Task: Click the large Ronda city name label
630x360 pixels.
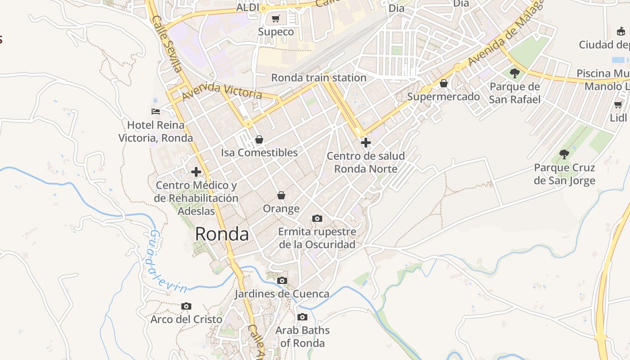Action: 222,234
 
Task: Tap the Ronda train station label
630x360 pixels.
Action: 319,77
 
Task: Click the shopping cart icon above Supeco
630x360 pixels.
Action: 276,19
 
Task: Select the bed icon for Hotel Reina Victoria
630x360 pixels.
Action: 156,111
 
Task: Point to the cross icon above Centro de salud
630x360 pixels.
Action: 366,143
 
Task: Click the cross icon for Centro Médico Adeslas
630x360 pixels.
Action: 196,171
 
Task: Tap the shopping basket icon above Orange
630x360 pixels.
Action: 281,195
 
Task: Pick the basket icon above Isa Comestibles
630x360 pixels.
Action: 259,139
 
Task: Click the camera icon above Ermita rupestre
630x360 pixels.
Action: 317,218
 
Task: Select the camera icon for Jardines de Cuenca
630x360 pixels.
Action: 282,280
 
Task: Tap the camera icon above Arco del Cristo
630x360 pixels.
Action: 186,306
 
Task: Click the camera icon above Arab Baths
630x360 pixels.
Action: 302,317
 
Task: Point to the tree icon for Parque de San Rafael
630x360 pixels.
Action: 515,73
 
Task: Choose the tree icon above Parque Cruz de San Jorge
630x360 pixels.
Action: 564,154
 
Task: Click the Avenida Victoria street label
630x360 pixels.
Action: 222,91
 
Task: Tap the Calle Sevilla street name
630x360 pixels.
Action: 166,44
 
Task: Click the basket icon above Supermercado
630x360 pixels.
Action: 444,83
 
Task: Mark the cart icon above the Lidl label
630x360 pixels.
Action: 618,104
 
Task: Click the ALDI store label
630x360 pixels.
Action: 247,8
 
